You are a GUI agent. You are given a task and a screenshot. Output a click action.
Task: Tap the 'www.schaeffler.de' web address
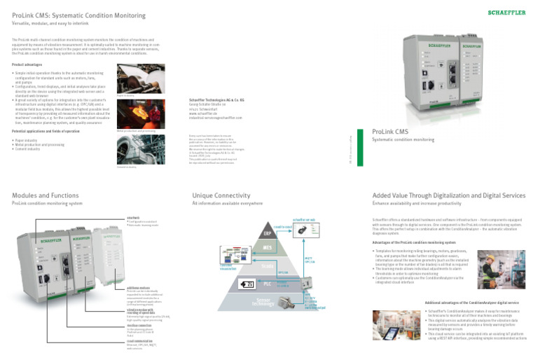click(x=205, y=116)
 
